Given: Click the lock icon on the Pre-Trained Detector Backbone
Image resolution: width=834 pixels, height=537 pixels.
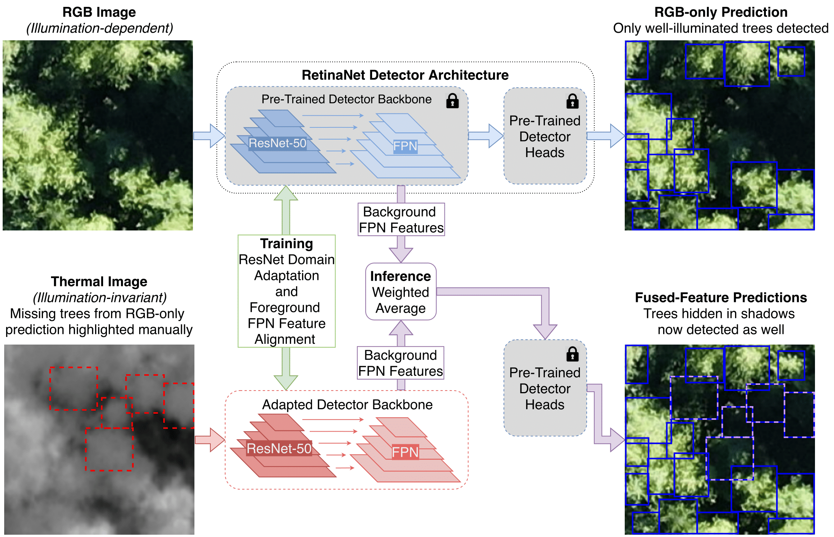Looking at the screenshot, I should [x=452, y=101].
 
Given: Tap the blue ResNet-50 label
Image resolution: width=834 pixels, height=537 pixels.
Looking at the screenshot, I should [x=277, y=143].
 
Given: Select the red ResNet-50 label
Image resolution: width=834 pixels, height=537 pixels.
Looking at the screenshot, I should [x=279, y=449].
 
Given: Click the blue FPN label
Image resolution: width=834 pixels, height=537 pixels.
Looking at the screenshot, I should [x=405, y=146].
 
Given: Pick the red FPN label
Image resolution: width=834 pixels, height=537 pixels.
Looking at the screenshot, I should [x=405, y=452].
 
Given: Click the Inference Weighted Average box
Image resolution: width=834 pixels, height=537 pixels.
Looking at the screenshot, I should [x=401, y=292].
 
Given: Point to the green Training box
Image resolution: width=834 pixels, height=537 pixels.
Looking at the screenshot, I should [x=286, y=291].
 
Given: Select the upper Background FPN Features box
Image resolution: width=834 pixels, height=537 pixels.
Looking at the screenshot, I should [x=401, y=219].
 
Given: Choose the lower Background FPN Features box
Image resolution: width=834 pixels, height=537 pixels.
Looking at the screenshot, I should [x=401, y=363].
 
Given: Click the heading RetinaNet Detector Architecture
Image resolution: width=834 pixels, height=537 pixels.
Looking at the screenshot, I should [x=405, y=75].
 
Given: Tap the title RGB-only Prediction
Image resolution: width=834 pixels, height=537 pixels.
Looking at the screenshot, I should [x=721, y=12].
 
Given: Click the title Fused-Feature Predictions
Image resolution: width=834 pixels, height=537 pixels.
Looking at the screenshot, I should [x=721, y=297].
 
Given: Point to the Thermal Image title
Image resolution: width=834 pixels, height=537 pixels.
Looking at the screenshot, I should [x=99, y=281].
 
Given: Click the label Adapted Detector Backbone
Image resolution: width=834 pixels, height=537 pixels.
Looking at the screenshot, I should [x=347, y=405].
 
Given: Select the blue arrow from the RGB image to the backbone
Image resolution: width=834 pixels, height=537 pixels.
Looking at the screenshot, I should [x=209, y=136].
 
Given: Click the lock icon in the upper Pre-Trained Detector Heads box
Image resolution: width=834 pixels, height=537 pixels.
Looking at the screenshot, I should [x=572, y=101].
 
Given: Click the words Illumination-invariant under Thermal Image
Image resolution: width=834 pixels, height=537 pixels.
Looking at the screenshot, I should [x=100, y=297].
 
